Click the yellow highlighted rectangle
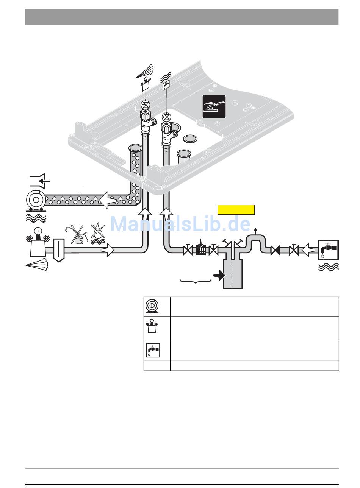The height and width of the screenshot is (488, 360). click(236, 210)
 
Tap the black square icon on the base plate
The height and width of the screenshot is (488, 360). click(214, 106)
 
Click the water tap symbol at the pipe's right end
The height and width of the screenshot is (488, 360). click(328, 250)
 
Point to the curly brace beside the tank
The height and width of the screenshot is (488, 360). click(195, 281)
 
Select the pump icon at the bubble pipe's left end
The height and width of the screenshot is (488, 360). click(34, 201)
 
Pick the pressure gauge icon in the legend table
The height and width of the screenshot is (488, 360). click(152, 327)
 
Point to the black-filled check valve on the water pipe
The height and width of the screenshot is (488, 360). click(275, 250)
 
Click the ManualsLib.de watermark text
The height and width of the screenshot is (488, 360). click(180, 224)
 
